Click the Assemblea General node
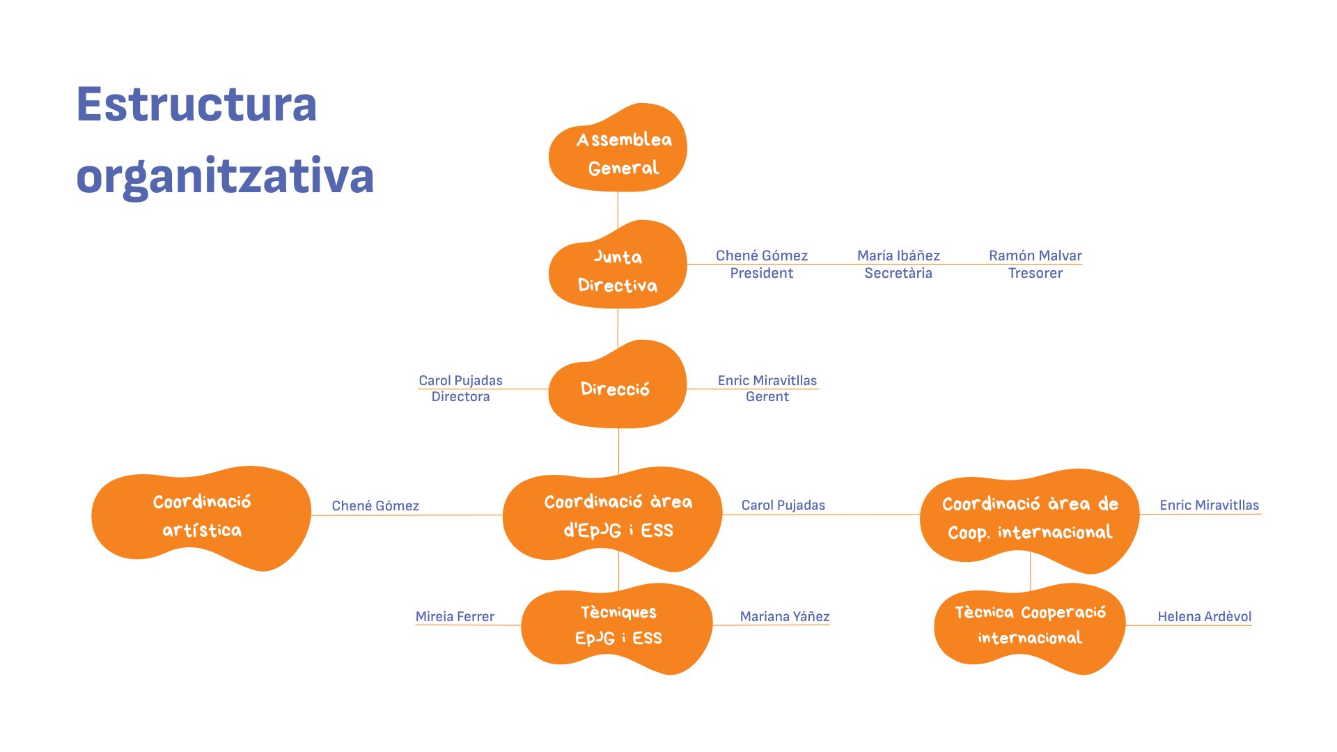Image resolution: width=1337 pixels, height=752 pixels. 618,150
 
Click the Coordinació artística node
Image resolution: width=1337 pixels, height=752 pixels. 201,517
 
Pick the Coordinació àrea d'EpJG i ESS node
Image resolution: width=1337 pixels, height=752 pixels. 613,517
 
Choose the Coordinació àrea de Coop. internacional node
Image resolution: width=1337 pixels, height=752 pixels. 1030,518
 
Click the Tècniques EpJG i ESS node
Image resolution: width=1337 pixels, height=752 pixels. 618,626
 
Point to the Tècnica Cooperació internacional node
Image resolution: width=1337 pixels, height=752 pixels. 1030,626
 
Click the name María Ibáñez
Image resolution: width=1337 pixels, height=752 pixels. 898,256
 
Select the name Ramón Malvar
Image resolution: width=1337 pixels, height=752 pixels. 1035,256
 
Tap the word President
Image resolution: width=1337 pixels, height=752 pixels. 761,273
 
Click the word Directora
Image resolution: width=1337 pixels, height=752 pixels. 460,397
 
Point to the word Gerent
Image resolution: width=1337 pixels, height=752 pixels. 767,397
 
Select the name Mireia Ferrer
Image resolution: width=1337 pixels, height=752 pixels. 455,616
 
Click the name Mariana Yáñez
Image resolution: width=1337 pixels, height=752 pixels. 785,616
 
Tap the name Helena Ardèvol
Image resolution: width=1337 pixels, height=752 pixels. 1204,616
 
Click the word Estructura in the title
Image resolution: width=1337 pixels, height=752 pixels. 196,104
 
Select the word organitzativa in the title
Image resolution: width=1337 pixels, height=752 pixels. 225,176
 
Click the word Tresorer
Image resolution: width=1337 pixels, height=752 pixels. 1035,273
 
